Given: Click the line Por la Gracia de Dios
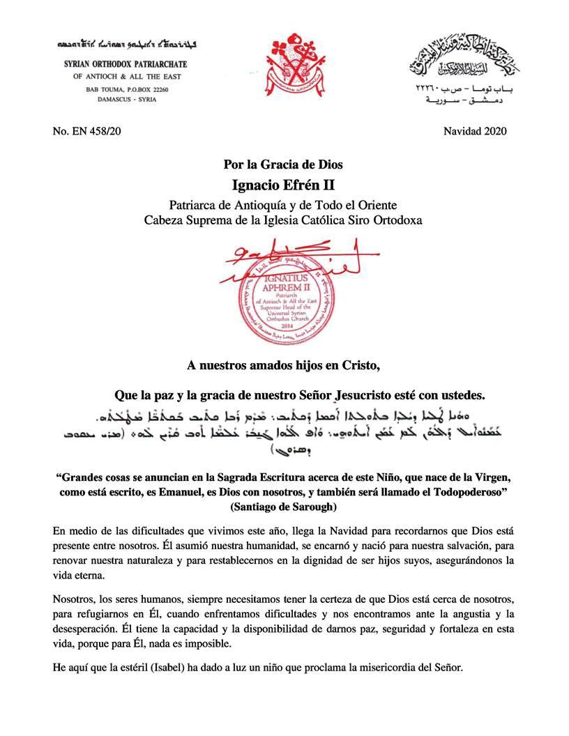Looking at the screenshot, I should [284, 166].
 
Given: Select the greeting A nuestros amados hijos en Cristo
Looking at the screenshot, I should [284, 366].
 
